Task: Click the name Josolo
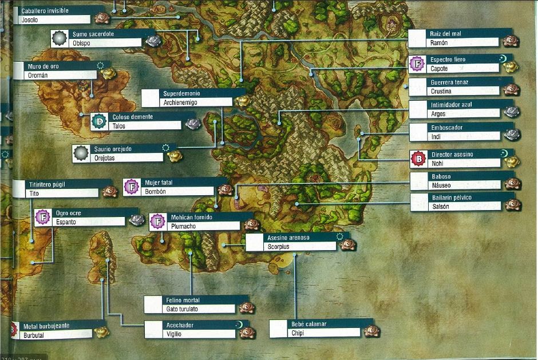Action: [x=29, y=20]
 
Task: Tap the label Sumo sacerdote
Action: [x=93, y=34]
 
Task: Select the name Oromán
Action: [x=38, y=75]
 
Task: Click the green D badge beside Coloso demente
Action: [x=100, y=121]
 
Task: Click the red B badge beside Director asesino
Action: [x=419, y=159]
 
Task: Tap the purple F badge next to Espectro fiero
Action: [x=418, y=64]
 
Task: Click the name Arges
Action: [x=438, y=114]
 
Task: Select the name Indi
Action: [x=435, y=137]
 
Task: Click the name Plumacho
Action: [x=184, y=226]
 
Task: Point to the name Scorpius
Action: [x=279, y=247]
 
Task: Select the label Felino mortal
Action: [x=183, y=300]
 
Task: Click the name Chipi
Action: [x=297, y=333]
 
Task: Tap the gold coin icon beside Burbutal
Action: [x=101, y=332]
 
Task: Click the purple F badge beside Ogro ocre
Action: [x=43, y=217]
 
